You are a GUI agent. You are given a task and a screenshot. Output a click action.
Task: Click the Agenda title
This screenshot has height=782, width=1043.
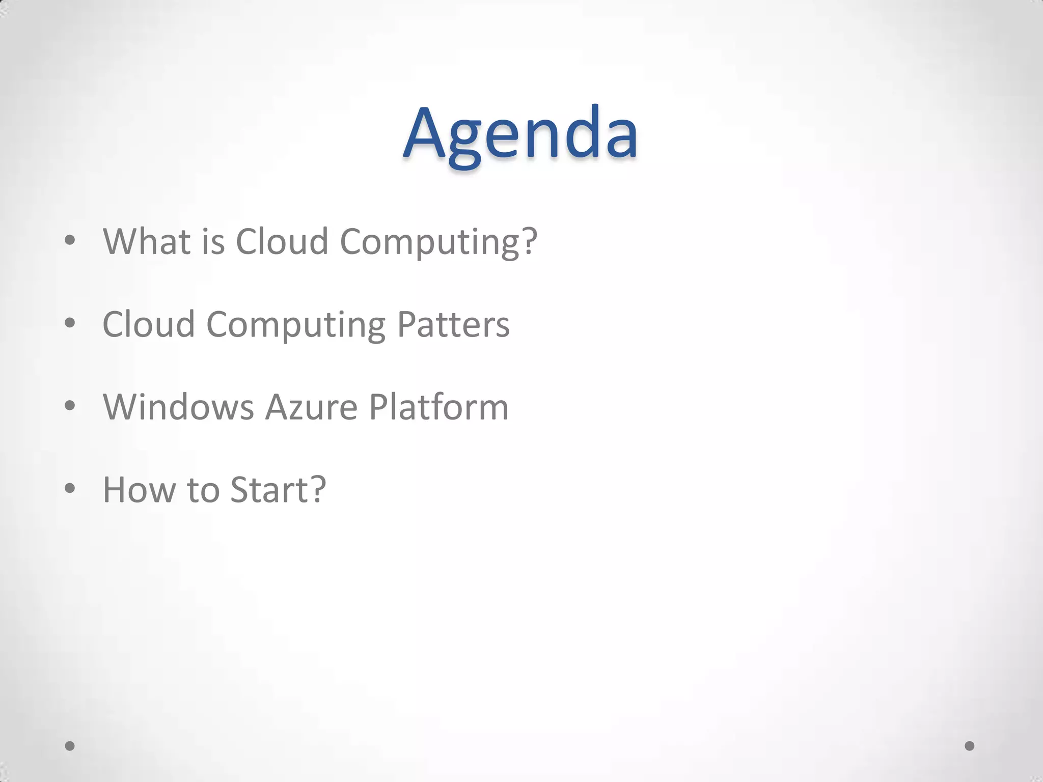520,133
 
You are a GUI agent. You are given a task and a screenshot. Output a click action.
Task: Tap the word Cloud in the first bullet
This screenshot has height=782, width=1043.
282,241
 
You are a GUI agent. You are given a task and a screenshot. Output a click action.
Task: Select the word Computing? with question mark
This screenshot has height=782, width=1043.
438,242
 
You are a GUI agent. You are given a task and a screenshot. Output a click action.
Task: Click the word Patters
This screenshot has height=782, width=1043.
453,325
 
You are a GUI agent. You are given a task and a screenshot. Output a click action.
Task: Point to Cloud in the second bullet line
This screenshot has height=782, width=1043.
149,325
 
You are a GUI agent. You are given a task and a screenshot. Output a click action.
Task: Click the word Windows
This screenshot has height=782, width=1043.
178,407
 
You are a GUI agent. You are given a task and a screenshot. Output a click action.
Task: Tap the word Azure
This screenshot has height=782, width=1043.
311,407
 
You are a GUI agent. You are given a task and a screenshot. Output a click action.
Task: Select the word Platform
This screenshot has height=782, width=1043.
438,407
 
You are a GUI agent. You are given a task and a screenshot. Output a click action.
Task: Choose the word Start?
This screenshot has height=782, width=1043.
278,490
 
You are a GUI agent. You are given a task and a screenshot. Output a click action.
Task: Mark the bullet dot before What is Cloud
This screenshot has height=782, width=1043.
70,240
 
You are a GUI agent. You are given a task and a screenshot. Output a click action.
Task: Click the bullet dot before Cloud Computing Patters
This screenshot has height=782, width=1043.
70,323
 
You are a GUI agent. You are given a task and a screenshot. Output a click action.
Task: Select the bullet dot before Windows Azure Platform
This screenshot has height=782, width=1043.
70,406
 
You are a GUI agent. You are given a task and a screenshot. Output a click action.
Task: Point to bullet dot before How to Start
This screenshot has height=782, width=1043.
70,488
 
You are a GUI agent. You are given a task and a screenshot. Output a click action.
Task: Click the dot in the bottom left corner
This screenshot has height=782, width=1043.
70,746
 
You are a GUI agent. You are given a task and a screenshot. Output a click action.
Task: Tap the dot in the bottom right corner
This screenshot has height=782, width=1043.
970,746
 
